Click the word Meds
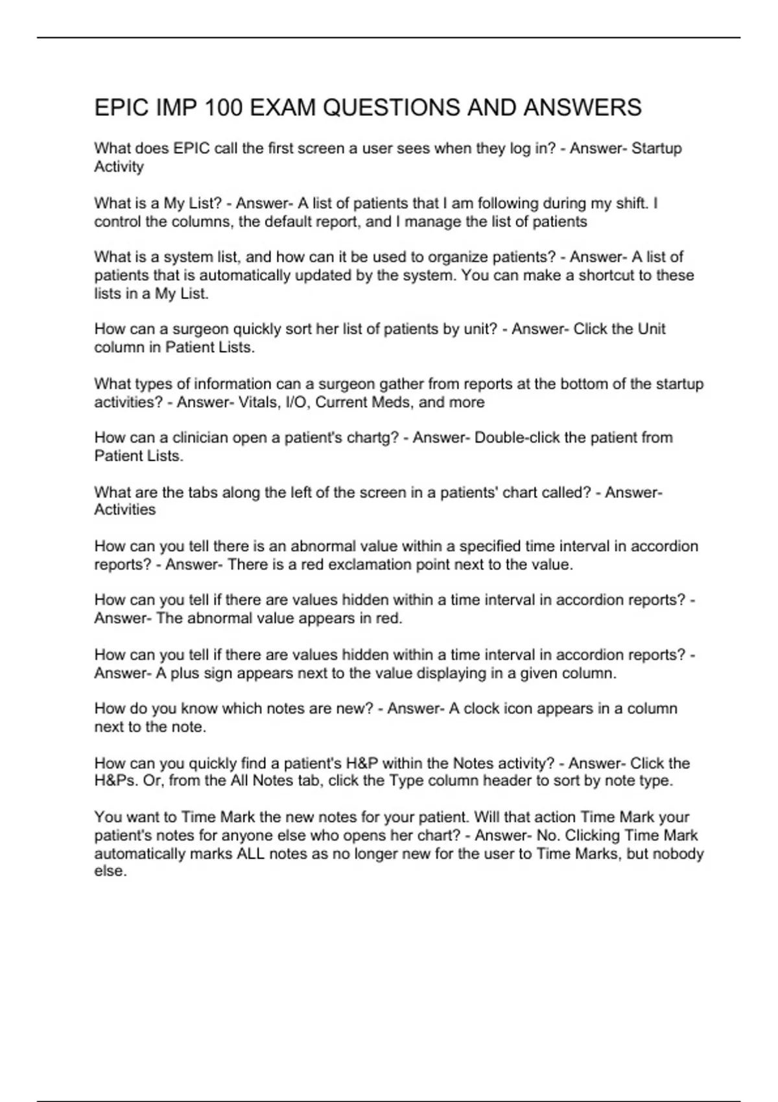(391, 403)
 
